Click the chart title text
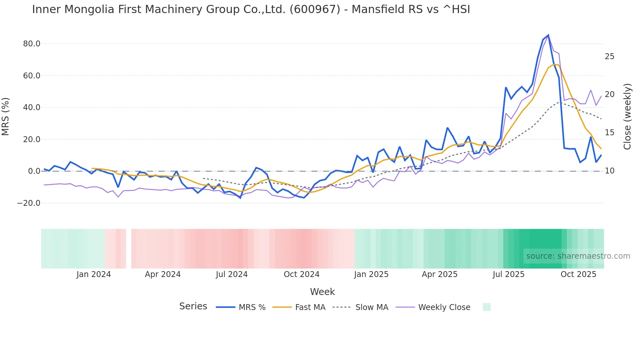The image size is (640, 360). tap(251, 9)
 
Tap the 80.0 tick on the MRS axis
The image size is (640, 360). tap(32, 44)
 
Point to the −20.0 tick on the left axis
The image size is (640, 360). tap(29, 203)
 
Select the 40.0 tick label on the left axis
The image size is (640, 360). tap(32, 107)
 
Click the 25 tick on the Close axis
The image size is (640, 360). tap(609, 57)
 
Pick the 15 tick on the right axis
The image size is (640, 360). tap(609, 133)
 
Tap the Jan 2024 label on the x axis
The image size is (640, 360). tap(94, 274)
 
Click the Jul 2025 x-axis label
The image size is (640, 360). tap(508, 274)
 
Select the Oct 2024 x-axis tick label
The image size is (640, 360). tap(301, 274)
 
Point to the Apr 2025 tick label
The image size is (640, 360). tap(440, 274)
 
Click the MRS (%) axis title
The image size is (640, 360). tap(6, 116)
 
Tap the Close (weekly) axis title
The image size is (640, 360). tap(627, 117)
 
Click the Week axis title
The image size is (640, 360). tap(322, 292)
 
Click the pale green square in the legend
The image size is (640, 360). tap(487, 307)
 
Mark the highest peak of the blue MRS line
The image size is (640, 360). tap(548, 35)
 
